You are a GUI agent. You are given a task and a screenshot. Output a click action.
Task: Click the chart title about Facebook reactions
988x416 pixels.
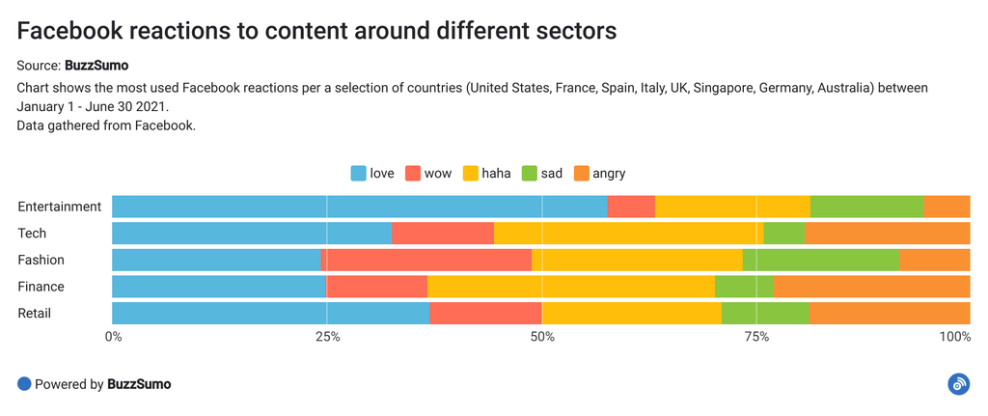(316, 31)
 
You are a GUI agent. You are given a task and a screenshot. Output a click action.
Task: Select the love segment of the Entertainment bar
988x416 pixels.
(359, 207)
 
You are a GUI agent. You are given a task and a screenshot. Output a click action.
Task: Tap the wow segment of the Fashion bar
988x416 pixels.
(425, 260)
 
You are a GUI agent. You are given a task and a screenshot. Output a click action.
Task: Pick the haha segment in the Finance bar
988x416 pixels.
(570, 287)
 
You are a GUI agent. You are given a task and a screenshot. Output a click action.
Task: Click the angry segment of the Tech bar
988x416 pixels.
(887, 234)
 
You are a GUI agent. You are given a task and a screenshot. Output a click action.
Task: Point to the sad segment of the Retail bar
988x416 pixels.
(765, 314)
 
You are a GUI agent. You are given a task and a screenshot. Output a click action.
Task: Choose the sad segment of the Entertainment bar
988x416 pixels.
(866, 207)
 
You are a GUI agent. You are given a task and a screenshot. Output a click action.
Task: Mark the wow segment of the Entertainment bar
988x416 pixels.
(631, 207)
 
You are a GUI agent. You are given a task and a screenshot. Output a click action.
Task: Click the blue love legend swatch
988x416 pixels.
(358, 174)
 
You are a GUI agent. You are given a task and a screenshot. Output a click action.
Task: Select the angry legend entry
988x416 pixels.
(599, 174)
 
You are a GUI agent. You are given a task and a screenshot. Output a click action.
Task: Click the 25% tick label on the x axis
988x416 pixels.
(328, 337)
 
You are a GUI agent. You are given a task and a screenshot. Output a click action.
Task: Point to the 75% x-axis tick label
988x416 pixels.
(757, 337)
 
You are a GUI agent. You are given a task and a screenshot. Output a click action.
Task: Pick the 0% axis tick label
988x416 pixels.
(113, 337)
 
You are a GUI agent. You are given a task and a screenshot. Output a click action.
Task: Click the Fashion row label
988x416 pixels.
(41, 260)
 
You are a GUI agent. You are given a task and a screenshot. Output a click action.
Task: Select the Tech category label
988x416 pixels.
(32, 234)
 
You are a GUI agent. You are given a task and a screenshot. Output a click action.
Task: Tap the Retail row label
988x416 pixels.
(35, 314)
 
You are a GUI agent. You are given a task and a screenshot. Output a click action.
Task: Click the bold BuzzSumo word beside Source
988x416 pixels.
(96, 66)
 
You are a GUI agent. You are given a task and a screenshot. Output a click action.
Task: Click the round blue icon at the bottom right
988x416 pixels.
(958, 384)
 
